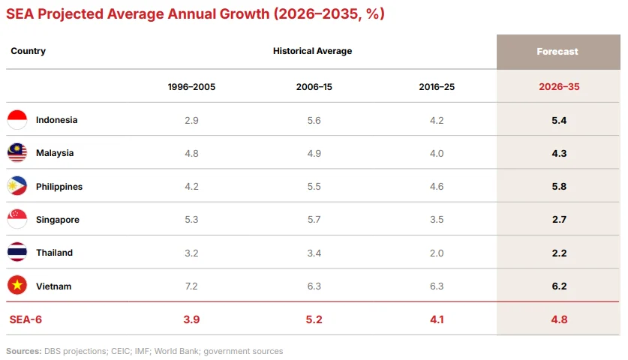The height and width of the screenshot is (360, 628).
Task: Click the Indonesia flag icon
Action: (17, 120)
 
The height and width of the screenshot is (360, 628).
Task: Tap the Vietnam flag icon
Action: (17, 286)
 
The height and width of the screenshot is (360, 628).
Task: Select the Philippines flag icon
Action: (17, 186)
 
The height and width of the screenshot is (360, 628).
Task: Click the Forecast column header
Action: (557, 52)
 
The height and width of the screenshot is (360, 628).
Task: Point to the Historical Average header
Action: (312, 51)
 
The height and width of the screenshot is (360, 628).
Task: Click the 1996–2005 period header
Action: (191, 87)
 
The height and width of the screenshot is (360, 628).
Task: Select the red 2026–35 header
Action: (559, 87)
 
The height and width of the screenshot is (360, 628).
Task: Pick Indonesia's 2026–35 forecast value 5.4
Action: (559, 120)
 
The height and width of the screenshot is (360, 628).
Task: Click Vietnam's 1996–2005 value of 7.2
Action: (191, 286)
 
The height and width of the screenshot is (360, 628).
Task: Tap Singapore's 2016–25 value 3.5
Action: (437, 220)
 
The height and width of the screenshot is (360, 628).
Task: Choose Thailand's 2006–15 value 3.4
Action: (314, 253)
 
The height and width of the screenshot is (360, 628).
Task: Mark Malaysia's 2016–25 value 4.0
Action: (437, 153)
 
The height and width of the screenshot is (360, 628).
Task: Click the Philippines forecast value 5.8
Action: (559, 186)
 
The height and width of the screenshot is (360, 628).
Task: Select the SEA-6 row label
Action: (26, 319)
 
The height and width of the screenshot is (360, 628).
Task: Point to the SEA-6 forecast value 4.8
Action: (559, 319)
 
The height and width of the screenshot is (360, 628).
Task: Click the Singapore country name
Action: (58, 220)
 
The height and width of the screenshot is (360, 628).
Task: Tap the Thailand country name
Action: (55, 253)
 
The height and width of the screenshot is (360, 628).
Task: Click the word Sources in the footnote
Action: (23, 351)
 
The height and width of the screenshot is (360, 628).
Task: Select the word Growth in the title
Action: (245, 14)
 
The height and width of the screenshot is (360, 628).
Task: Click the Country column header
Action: (28, 51)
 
